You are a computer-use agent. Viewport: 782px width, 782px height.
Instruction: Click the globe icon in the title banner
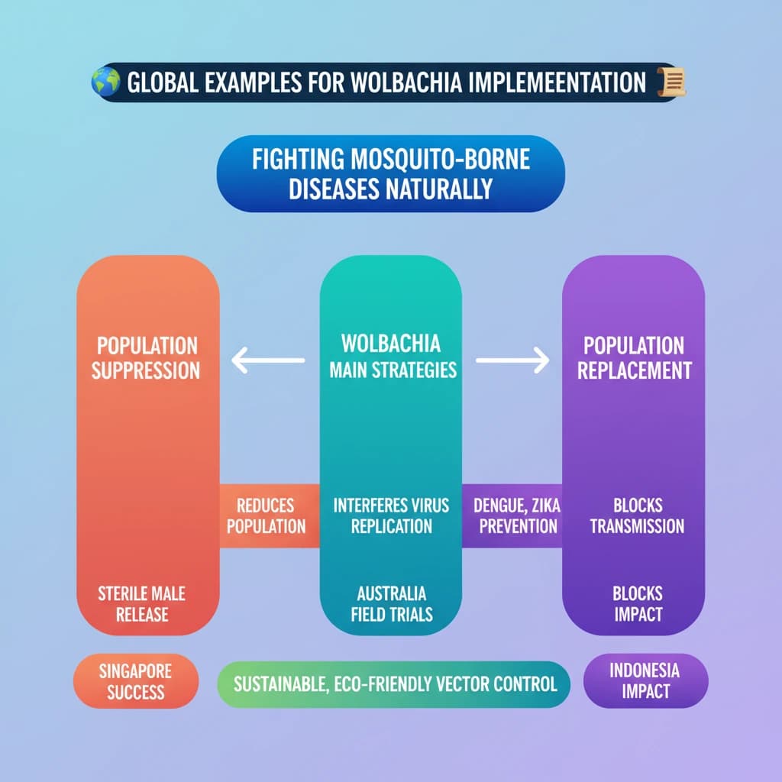click(105, 82)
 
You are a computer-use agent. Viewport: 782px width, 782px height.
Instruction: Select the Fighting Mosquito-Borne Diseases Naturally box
click(390, 175)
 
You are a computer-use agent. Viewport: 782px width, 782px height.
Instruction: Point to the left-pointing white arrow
click(268, 360)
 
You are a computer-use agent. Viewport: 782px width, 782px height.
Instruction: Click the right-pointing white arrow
click(512, 360)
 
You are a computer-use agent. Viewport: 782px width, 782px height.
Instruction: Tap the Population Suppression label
click(146, 358)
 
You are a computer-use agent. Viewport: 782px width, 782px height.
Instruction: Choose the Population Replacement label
click(635, 358)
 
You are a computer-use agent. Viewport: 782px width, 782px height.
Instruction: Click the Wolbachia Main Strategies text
click(393, 357)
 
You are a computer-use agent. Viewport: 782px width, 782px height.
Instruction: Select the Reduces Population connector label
click(267, 515)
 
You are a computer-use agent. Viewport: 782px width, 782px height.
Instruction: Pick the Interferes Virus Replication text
click(392, 515)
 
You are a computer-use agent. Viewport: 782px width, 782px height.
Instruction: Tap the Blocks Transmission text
click(637, 515)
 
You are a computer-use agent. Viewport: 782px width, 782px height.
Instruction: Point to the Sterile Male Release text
click(141, 603)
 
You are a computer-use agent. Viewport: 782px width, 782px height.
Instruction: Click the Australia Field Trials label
click(392, 603)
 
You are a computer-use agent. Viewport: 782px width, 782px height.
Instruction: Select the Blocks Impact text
click(638, 603)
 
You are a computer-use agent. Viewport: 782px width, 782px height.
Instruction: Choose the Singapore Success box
click(137, 681)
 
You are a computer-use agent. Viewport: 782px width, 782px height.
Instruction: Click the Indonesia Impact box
click(645, 680)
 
